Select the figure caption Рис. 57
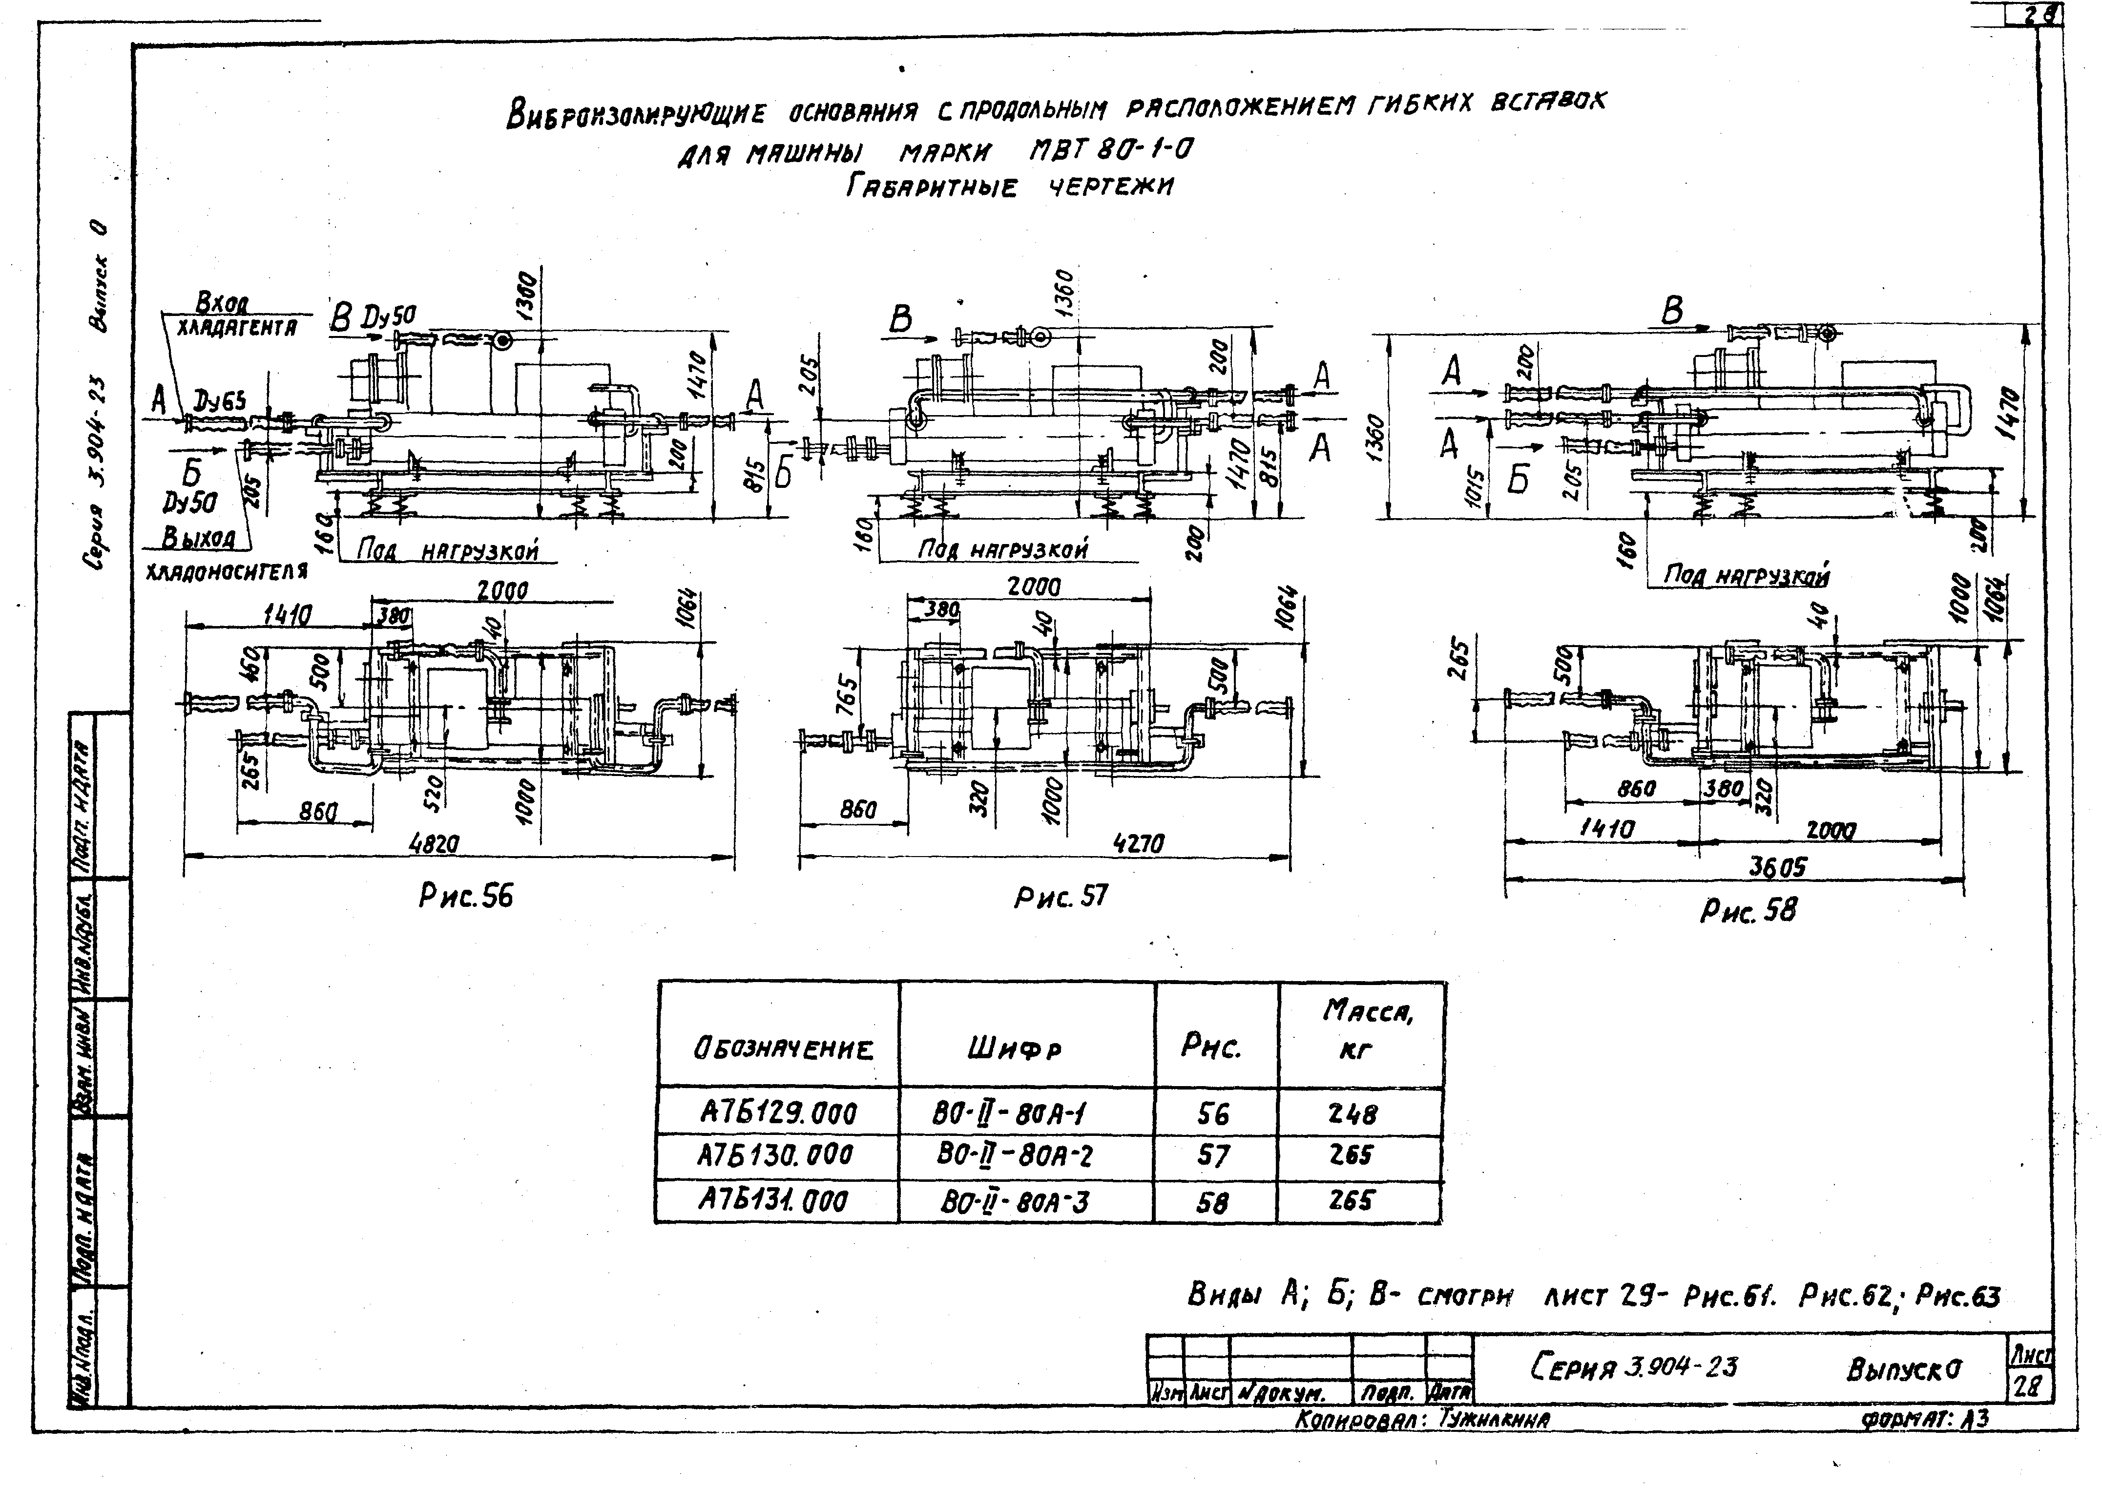pos(1061,896)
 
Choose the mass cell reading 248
pos(1352,1113)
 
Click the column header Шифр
pos(1014,1048)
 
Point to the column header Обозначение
pos(783,1048)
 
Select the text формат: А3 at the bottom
pos(1923,1419)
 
